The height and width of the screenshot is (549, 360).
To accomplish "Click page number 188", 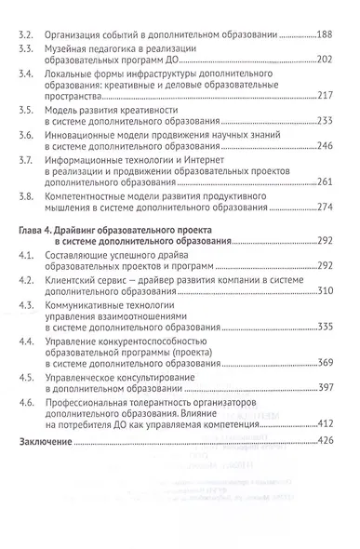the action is coord(328,34).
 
